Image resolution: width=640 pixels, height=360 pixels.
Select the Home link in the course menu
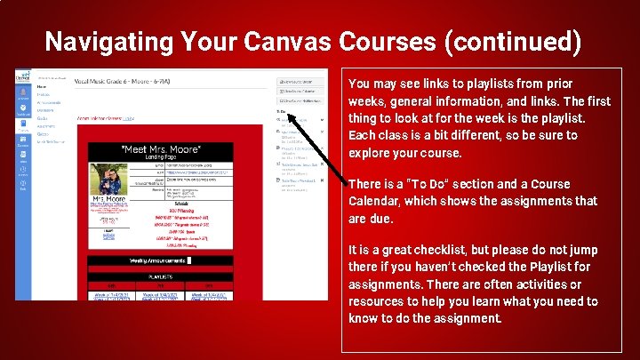[42, 87]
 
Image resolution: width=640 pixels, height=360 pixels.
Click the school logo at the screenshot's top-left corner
[24, 77]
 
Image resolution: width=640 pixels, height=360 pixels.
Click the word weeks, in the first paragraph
[367, 100]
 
